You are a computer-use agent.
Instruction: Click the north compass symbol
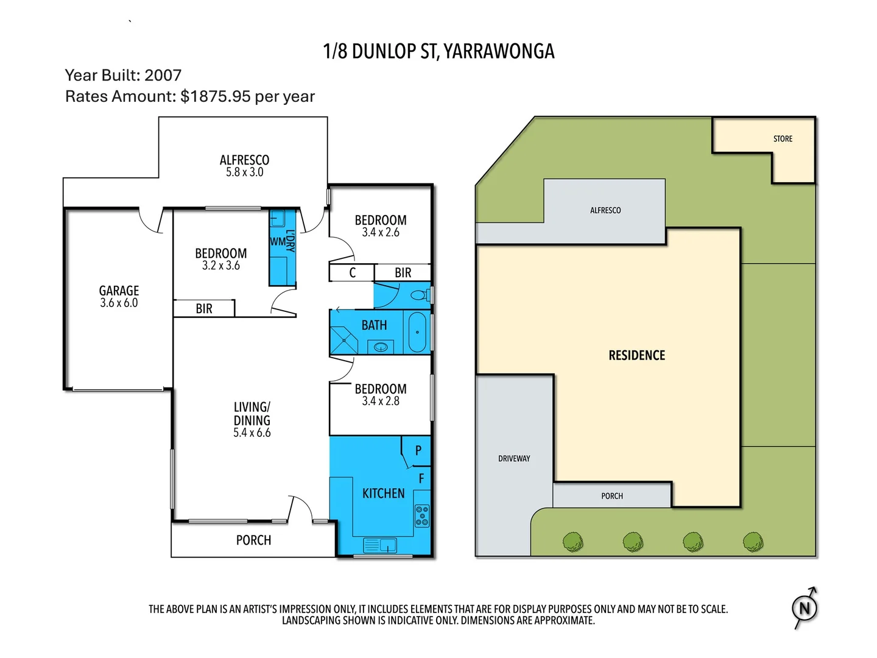pyautogui.click(x=805, y=608)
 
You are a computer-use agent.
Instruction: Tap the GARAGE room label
pyautogui.click(x=119, y=291)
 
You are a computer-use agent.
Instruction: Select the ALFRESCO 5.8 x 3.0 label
pyautogui.click(x=244, y=166)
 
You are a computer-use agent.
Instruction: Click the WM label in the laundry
pyautogui.click(x=277, y=242)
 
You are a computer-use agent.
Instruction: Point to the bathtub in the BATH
pyautogui.click(x=417, y=332)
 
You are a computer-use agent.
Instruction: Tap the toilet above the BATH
pyautogui.click(x=418, y=295)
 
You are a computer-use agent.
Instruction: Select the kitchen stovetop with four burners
pyautogui.click(x=422, y=515)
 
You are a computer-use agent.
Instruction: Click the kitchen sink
pyautogui.click(x=379, y=544)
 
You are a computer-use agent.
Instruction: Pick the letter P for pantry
pyautogui.click(x=418, y=451)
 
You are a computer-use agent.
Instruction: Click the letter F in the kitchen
pyautogui.click(x=421, y=479)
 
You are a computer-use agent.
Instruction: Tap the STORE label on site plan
pyautogui.click(x=783, y=139)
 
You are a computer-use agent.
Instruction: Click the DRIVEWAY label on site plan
pyautogui.click(x=514, y=459)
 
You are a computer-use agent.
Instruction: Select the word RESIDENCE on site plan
pyautogui.click(x=636, y=355)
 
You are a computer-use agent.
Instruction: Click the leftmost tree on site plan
pyautogui.click(x=572, y=541)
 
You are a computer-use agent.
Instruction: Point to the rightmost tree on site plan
pyautogui.click(x=753, y=541)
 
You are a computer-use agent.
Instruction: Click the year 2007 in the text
pyautogui.click(x=163, y=76)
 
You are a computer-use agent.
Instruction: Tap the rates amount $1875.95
pyautogui.click(x=216, y=97)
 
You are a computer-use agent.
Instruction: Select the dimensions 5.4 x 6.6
pyautogui.click(x=252, y=433)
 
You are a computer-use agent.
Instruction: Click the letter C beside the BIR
pyautogui.click(x=352, y=273)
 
